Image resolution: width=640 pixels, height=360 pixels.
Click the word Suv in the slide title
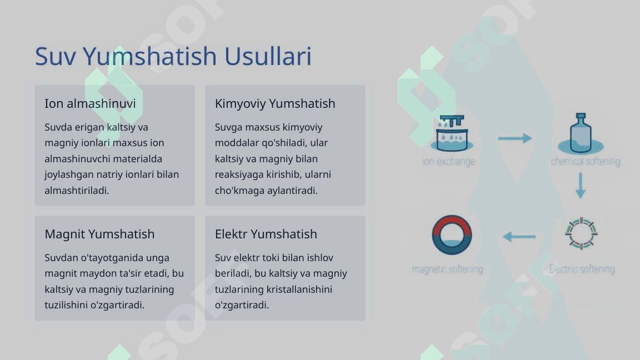(x=56, y=56)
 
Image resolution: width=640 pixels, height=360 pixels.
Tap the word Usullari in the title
(x=268, y=56)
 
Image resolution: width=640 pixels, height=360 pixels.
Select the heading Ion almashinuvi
(x=90, y=104)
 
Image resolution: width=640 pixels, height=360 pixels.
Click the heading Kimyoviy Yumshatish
(x=274, y=104)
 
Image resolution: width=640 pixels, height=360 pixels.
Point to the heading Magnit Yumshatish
(x=99, y=234)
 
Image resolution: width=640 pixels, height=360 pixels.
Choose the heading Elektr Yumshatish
(x=266, y=234)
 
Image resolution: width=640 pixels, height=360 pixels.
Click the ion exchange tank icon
(x=452, y=133)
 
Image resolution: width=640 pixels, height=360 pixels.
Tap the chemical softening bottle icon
(x=581, y=133)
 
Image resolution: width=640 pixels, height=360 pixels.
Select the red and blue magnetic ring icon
(x=452, y=235)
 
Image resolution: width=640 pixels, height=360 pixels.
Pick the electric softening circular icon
(x=581, y=233)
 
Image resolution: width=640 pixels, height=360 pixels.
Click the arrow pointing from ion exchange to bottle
(x=514, y=138)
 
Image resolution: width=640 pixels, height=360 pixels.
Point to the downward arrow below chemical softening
(x=581, y=186)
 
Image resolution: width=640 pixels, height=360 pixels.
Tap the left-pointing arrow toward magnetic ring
(x=519, y=236)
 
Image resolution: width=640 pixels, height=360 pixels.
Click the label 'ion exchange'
(x=448, y=162)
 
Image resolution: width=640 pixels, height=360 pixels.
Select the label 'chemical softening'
(x=586, y=162)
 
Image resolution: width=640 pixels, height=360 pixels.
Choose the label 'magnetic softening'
(x=447, y=269)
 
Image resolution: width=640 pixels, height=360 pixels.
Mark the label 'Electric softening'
(x=582, y=269)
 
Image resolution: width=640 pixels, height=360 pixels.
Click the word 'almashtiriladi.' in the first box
(x=77, y=190)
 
